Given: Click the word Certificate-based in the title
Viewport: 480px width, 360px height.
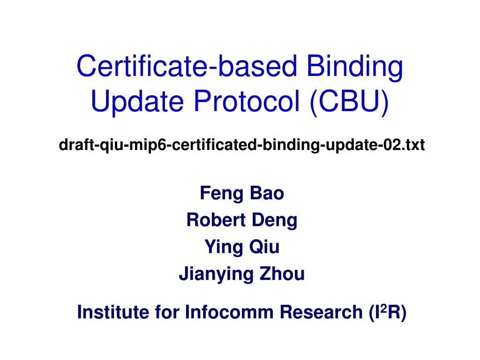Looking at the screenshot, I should pos(187,66).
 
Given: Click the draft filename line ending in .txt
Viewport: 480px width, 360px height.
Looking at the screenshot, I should pos(241,146).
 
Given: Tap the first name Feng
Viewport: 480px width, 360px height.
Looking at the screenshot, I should pos(218,193).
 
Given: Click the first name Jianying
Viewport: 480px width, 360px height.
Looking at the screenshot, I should pos(213,274).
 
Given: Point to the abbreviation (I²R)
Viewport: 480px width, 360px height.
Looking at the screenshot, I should pos(387,312).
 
